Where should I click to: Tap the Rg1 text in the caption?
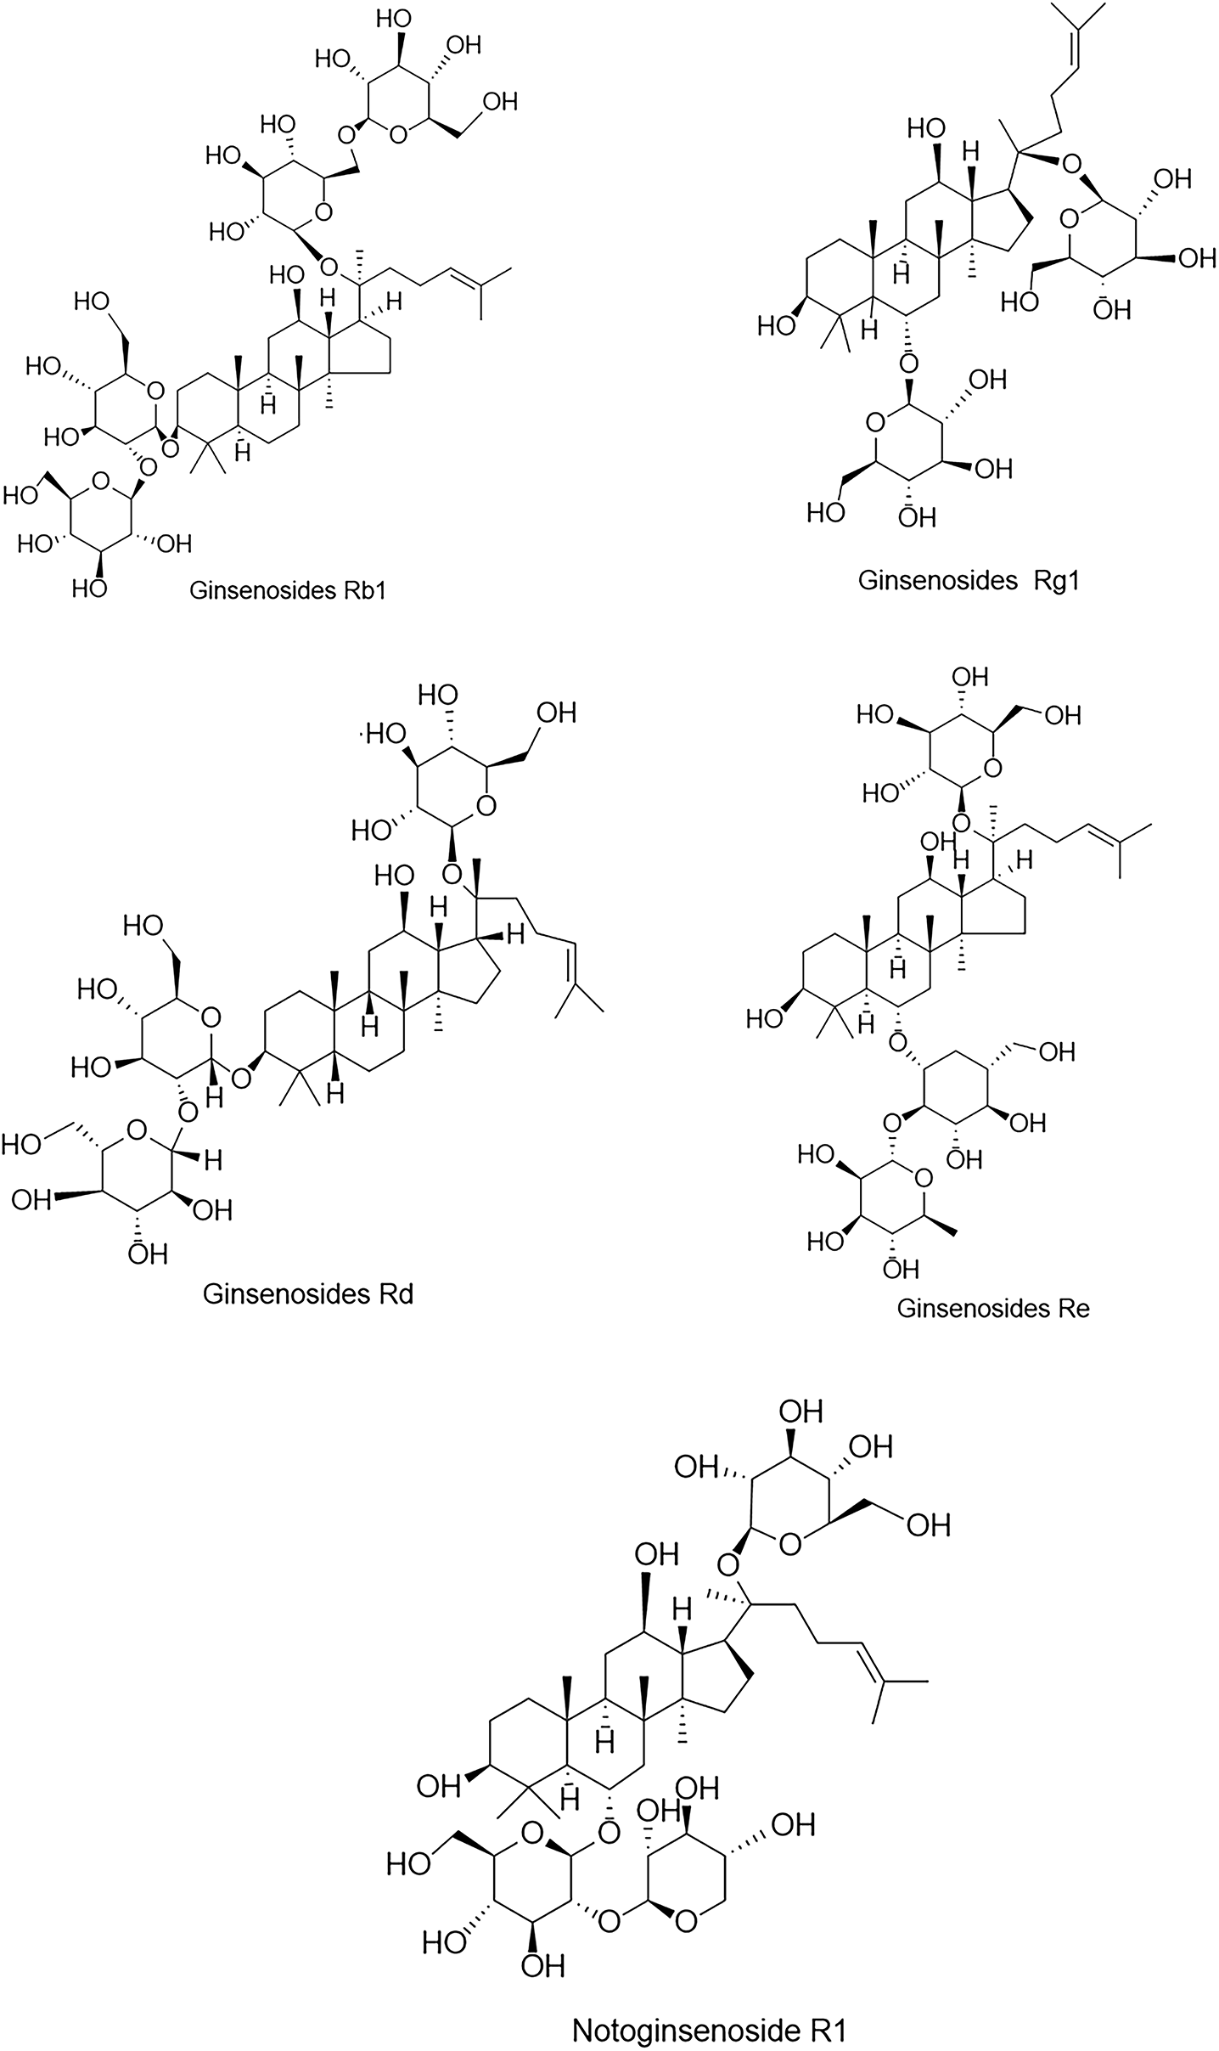coord(1056,580)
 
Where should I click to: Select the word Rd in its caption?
coord(396,1293)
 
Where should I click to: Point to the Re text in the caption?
coord(1073,1308)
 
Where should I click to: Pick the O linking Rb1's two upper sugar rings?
coord(345,134)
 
